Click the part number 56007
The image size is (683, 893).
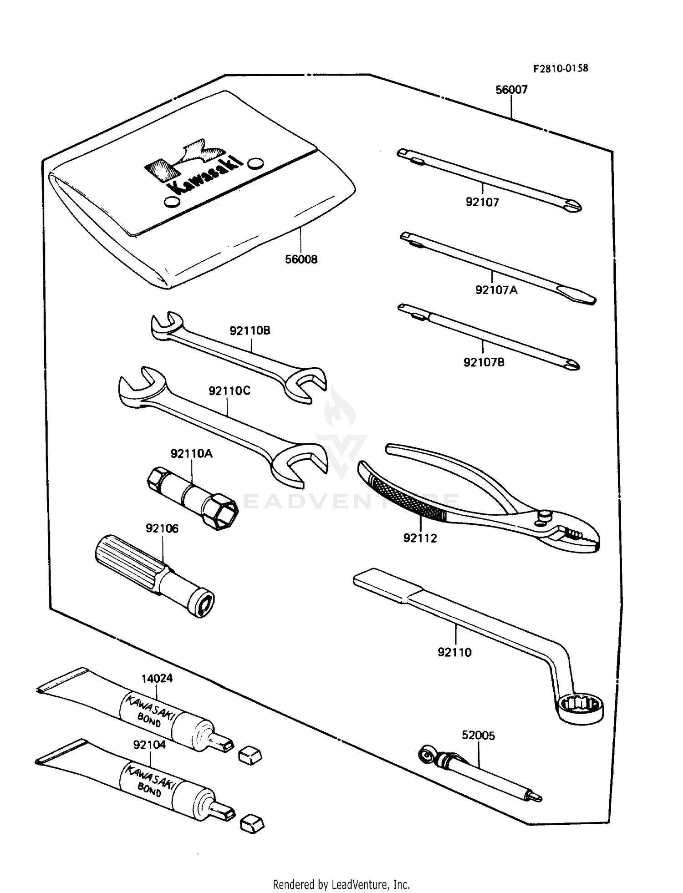511,90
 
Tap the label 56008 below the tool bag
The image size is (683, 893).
301,259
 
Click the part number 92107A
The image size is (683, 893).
496,290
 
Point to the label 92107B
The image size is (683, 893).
484,363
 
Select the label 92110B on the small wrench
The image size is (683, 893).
250,330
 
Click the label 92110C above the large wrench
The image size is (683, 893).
229,391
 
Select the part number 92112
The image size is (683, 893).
420,538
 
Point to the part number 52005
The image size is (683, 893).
478,736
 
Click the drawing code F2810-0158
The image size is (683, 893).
561,69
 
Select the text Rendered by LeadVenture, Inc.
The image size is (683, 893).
341,884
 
